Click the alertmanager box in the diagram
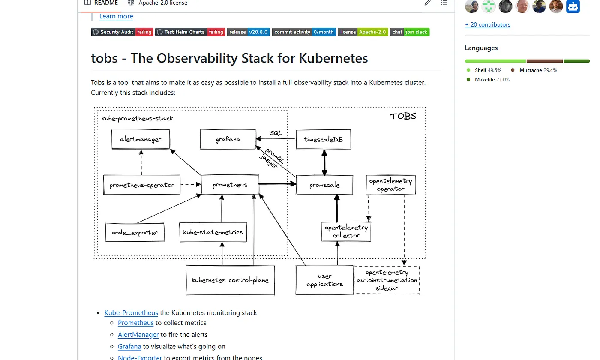[141, 139]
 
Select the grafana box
[228, 140]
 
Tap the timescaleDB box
[323, 140]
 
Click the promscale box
[324, 185]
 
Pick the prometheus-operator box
[142, 185]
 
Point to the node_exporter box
[135, 233]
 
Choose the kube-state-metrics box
[213, 232]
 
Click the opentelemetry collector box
[346, 231]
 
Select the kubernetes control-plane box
[230, 280]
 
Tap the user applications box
[324, 280]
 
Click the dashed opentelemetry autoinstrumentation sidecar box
[387, 280]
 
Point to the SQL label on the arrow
[276, 133]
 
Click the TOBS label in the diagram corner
[402, 116]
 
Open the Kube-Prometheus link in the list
[131, 312]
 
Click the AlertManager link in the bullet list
[138, 334]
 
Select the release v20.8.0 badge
[248, 32]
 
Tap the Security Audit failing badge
[122, 32]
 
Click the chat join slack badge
[410, 32]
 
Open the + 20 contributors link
[488, 24]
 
